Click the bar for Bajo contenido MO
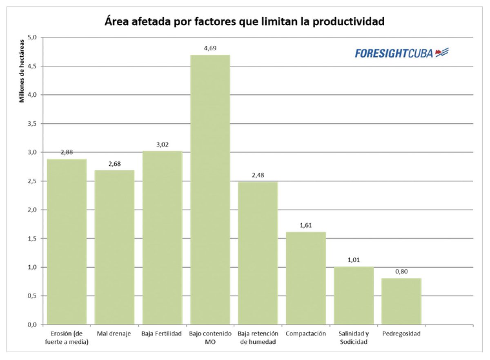tap(210, 190)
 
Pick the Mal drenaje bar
tap(114, 247)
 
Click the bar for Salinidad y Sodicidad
tap(353, 296)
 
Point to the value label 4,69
tap(210, 48)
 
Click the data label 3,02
tap(162, 144)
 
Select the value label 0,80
tap(401, 271)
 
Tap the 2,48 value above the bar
tap(258, 175)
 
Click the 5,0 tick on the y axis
tap(32, 37)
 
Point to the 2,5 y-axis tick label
tap(32, 181)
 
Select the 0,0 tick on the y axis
tap(32, 325)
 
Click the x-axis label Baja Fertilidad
tap(162, 334)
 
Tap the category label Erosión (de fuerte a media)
tap(67, 338)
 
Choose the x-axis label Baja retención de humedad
tap(258, 338)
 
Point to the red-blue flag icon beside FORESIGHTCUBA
tap(442, 52)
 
